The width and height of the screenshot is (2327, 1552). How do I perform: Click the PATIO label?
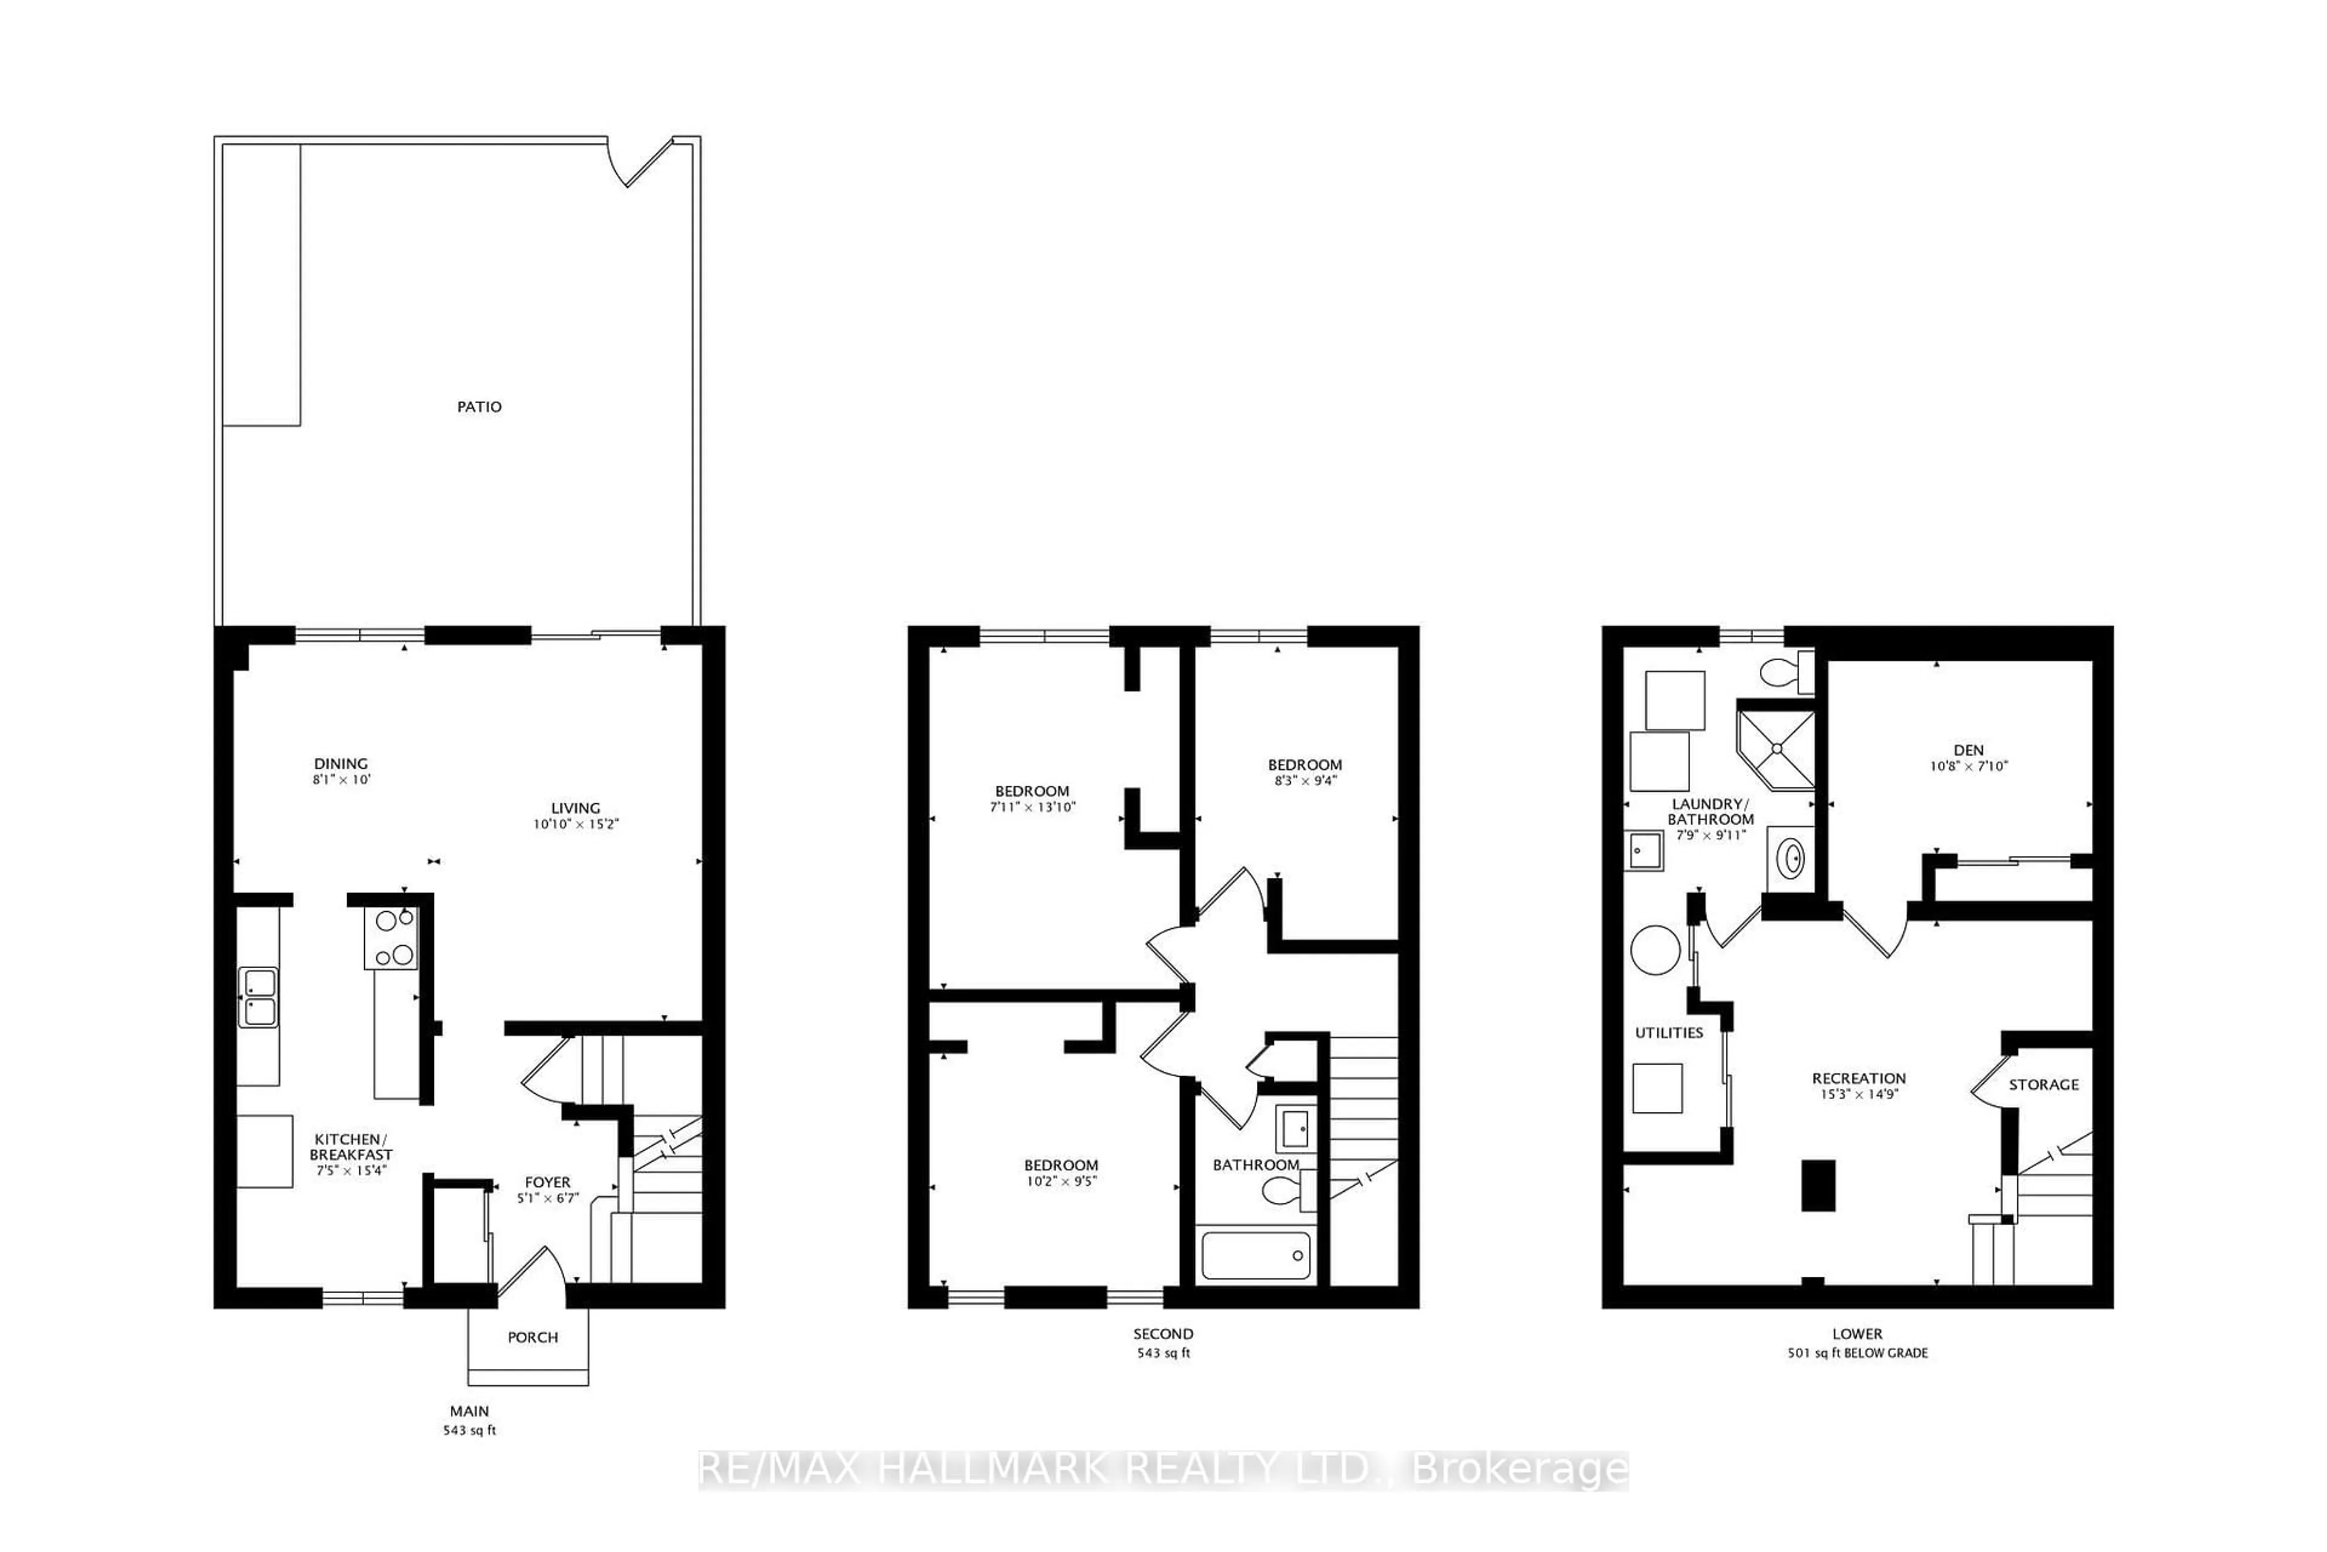pyautogui.click(x=479, y=407)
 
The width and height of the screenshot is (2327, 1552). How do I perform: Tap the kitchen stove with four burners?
pyautogui.click(x=393, y=937)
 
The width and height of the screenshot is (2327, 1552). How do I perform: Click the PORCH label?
pyautogui.click(x=532, y=1337)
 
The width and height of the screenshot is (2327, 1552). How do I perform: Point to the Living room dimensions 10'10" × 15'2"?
pyautogui.click(x=576, y=823)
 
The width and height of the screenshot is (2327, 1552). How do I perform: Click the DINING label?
pyautogui.click(x=341, y=763)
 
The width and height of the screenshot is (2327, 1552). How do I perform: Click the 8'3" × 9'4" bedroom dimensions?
pyautogui.click(x=1304, y=780)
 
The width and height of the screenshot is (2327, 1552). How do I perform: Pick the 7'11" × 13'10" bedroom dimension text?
pyautogui.click(x=1032, y=807)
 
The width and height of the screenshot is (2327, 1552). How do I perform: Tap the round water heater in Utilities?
pyautogui.click(x=1654, y=950)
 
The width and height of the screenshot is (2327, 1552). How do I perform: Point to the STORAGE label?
pyautogui.click(x=2043, y=1085)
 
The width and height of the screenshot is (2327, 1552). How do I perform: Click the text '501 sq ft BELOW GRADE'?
pyautogui.click(x=1857, y=1353)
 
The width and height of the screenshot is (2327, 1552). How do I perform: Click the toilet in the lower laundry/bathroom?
pyautogui.click(x=1784, y=673)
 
